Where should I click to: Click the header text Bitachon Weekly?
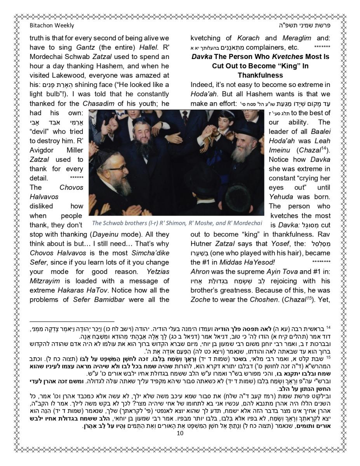click(x=52, y=26)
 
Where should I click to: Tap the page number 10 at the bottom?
click(x=179, y=433)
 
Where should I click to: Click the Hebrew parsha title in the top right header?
click(x=309, y=26)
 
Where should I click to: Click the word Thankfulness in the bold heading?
click(x=260, y=75)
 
